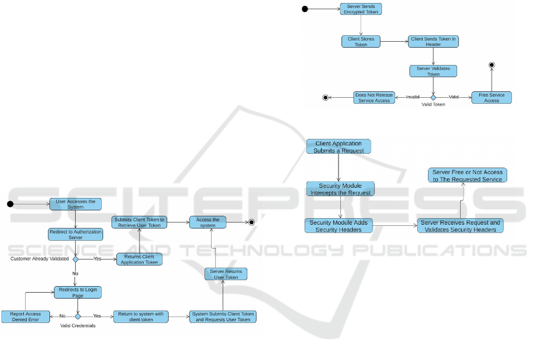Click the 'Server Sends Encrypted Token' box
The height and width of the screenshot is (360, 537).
[361, 9]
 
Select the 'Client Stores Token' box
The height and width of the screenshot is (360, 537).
[361, 42]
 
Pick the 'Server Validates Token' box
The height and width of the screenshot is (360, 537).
[433, 71]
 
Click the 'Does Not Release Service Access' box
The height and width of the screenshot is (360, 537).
[374, 97]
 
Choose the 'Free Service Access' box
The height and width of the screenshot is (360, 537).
[491, 97]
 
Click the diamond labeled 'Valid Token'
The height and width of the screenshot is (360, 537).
[433, 97]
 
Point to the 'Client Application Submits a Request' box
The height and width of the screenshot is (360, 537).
[339, 147]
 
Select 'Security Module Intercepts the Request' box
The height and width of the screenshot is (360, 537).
[341, 189]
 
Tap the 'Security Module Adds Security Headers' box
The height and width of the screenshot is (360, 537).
[339, 226]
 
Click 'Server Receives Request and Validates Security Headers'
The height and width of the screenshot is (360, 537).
[460, 226]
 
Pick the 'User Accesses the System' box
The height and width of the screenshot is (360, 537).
[76, 204]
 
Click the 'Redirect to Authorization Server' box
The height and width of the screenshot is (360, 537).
[76, 234]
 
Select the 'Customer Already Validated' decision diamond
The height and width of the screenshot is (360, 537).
[76, 259]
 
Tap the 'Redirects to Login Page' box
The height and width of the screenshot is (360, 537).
[77, 292]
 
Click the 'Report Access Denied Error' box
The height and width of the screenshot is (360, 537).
[25, 316]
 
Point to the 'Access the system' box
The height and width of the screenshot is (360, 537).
[207, 222]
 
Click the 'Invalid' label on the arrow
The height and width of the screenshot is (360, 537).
[413, 97]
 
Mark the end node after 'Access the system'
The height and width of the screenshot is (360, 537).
[252, 222]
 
